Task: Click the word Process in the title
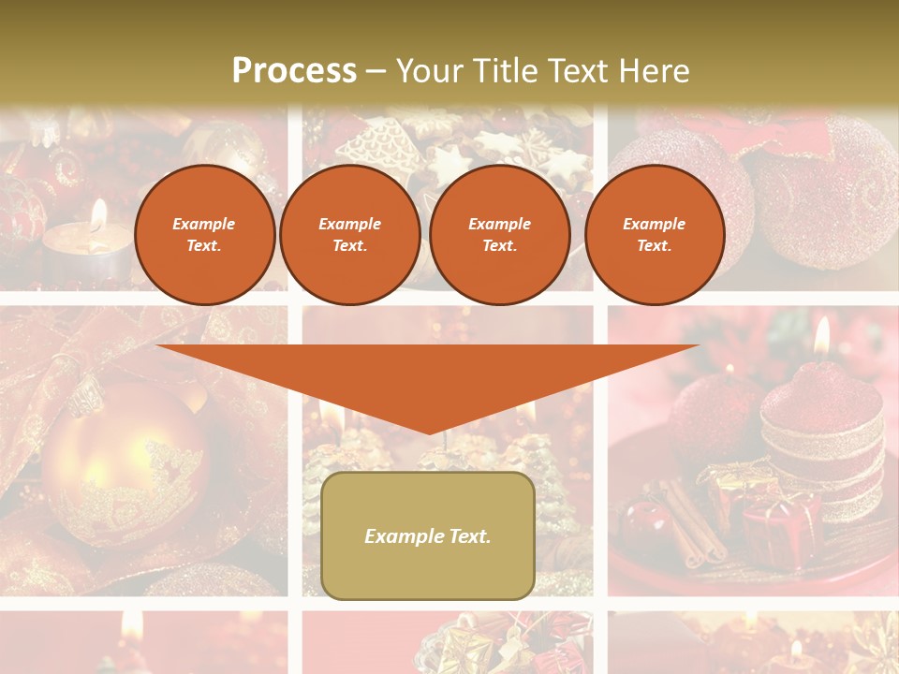294,70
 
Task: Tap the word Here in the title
652,70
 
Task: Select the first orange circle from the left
205,235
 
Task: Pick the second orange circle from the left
350,235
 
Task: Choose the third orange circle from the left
500,235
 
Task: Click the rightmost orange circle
655,235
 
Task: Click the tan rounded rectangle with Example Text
428,535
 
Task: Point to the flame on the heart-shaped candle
821,337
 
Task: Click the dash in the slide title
376,71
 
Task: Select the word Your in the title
432,70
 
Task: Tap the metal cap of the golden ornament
84,399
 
